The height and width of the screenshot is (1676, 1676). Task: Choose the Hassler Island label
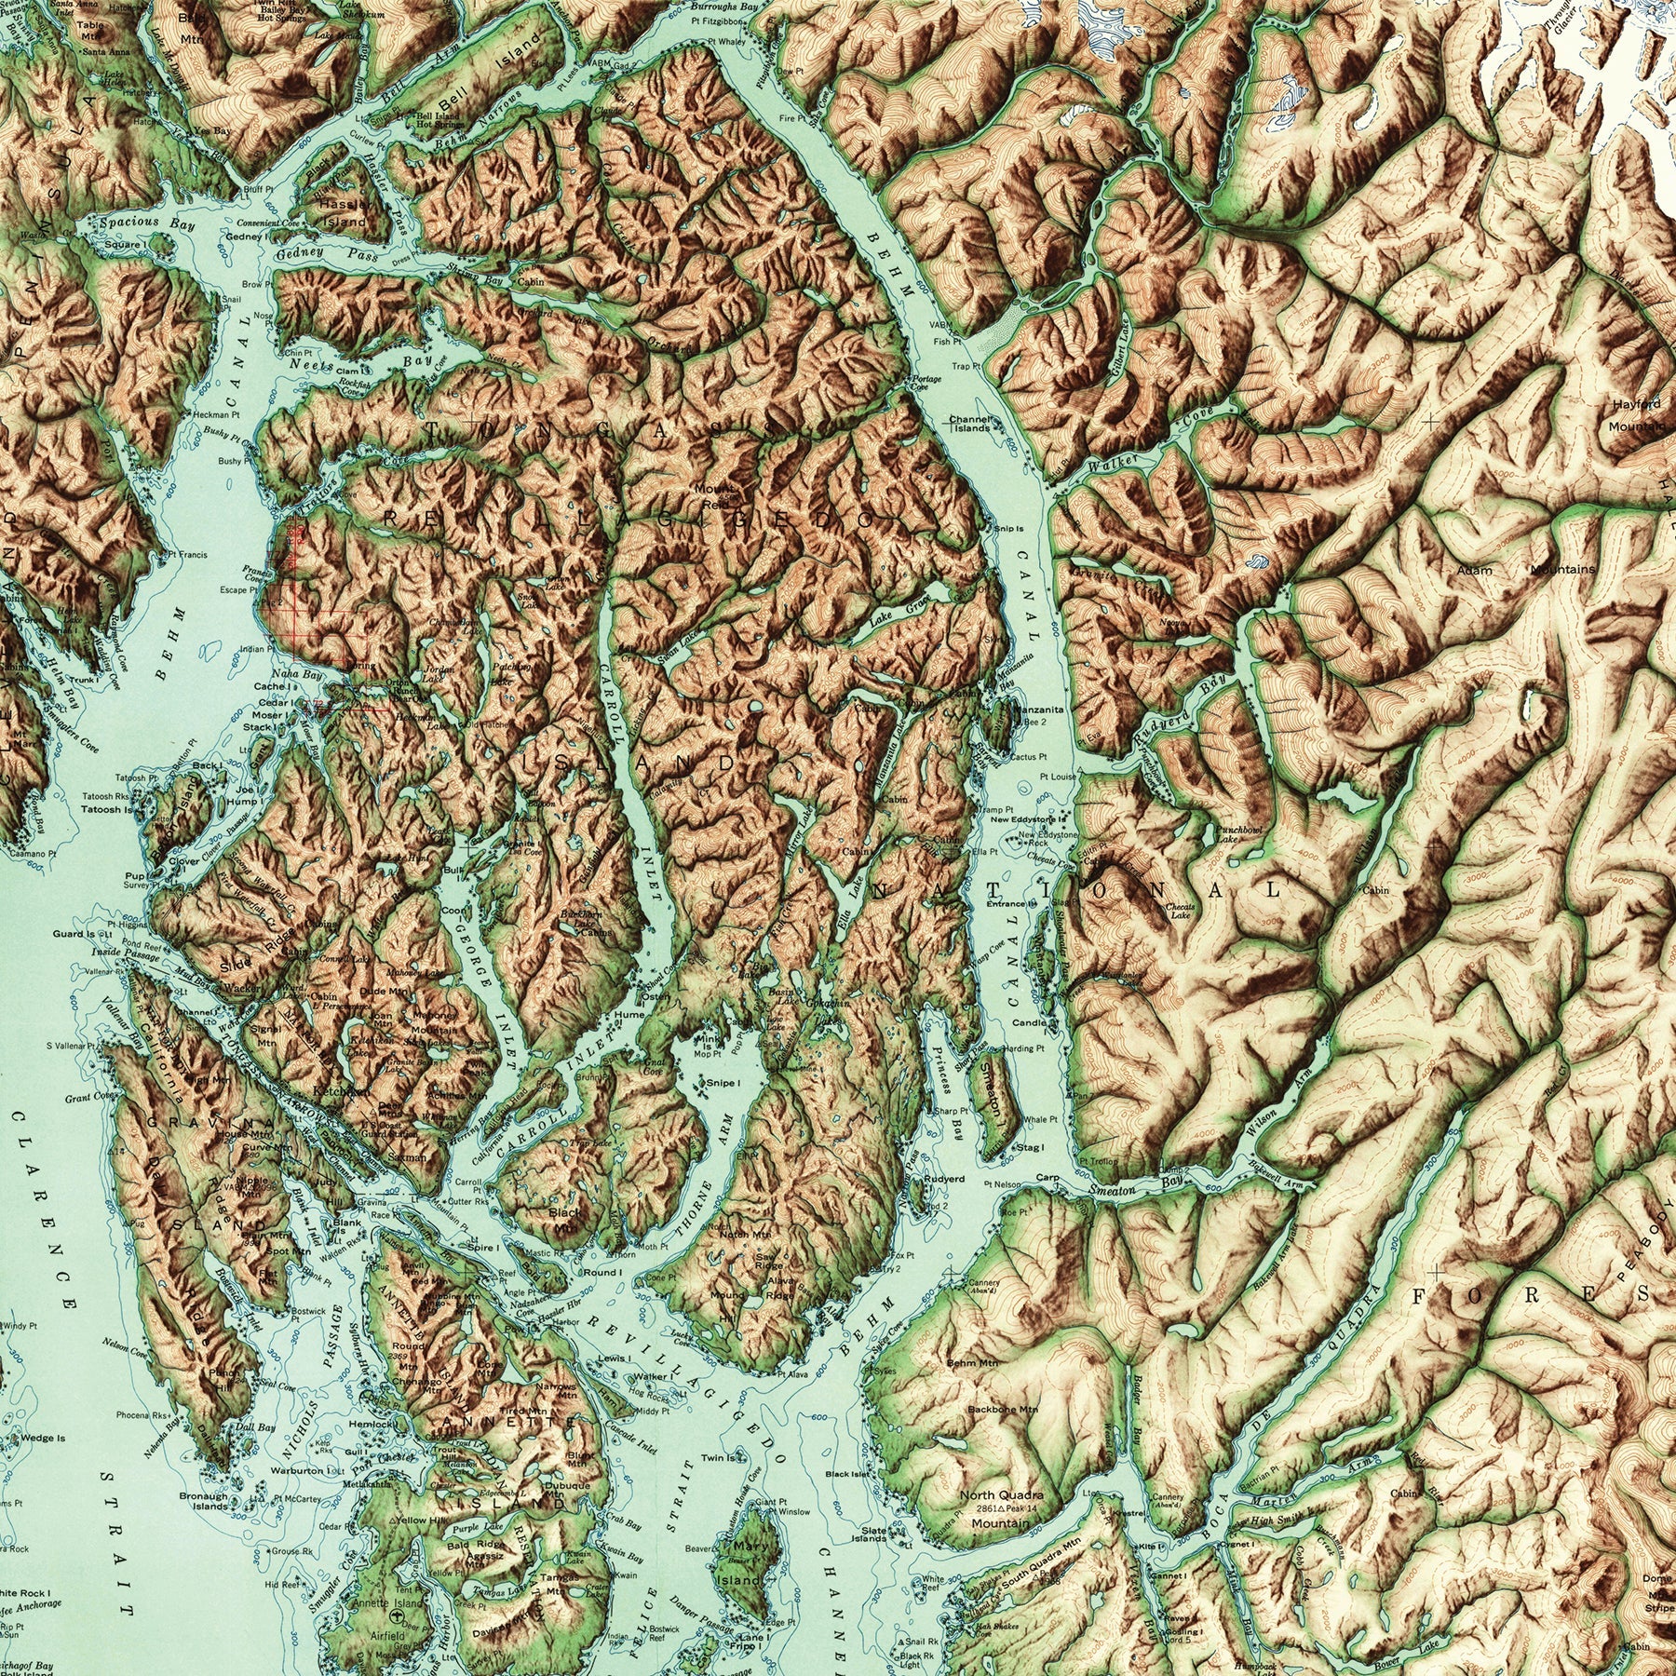click(x=342, y=213)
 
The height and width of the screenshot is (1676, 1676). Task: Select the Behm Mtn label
click(x=973, y=1362)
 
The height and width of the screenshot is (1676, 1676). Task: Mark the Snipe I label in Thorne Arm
click(x=723, y=1083)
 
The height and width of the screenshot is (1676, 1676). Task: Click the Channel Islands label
click(x=970, y=424)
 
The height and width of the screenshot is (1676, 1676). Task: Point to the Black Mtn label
click(x=564, y=1219)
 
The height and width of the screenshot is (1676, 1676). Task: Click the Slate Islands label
click(x=873, y=1534)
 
